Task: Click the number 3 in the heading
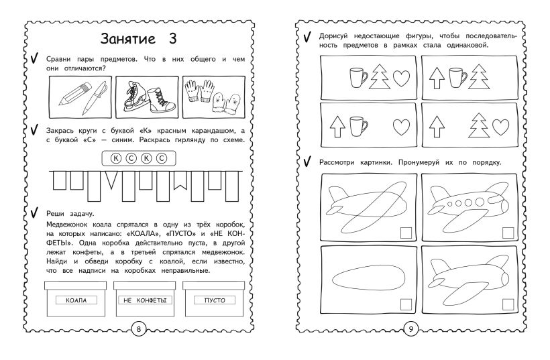(172, 39)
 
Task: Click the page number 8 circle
(139, 328)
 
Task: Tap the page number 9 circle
(410, 328)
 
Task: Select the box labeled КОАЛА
(75, 299)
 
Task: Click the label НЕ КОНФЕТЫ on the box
(145, 300)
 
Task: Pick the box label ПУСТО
(215, 300)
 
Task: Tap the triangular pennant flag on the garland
(111, 180)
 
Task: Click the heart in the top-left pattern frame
(401, 78)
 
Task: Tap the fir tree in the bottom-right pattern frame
(479, 125)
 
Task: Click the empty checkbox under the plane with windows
(508, 233)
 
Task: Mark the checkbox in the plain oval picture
(406, 304)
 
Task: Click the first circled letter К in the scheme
(116, 158)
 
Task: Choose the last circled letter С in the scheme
(162, 158)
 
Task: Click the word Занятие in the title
(127, 39)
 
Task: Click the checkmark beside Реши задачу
(34, 213)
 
